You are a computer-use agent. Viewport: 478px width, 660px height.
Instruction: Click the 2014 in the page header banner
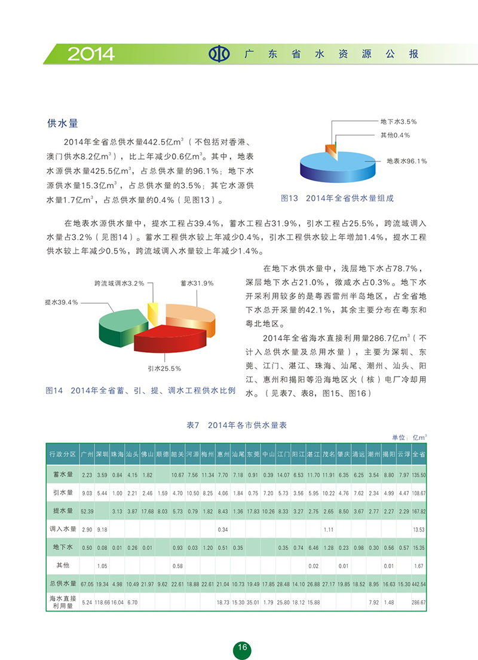[x=91, y=54]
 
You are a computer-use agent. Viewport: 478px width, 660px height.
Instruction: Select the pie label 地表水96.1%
[x=406, y=161]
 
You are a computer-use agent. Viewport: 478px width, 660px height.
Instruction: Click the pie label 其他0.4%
[x=395, y=135]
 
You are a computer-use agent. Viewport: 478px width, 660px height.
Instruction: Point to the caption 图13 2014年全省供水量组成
[x=338, y=198]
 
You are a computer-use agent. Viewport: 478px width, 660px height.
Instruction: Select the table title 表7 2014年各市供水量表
[x=237, y=425]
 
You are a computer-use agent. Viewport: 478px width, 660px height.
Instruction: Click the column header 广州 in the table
[x=87, y=454]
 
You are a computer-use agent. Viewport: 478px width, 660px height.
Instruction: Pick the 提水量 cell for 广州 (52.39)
[x=87, y=511]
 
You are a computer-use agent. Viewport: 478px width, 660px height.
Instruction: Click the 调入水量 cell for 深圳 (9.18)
[x=102, y=529]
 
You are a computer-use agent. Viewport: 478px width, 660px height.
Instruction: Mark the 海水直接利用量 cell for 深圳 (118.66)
[x=102, y=603]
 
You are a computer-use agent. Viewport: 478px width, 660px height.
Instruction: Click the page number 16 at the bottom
[x=242, y=648]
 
